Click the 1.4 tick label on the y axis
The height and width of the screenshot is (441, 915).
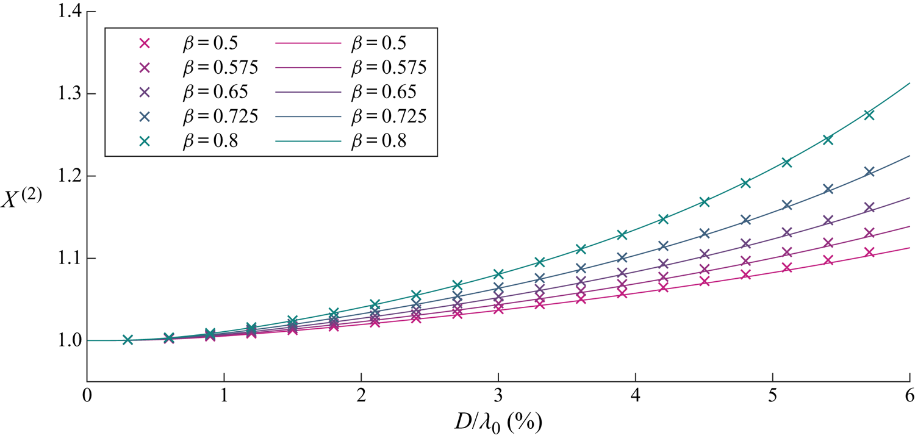pyautogui.click(x=63, y=12)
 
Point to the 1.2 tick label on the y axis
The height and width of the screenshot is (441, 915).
pyautogui.click(x=63, y=176)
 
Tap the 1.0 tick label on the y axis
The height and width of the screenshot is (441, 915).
pyautogui.click(x=63, y=340)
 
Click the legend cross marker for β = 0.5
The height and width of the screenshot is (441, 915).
pyautogui.click(x=145, y=43)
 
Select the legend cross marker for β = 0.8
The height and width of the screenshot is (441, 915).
pyautogui.click(x=145, y=140)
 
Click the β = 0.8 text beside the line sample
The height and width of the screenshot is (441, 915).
pyautogui.click(x=379, y=140)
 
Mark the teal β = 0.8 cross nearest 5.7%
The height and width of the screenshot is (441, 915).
pyautogui.click(x=869, y=115)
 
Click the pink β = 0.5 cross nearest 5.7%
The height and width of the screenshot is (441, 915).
pyautogui.click(x=869, y=253)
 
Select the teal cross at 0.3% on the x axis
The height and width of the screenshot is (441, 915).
pyautogui.click(x=128, y=340)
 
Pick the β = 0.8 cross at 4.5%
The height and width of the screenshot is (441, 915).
pyautogui.click(x=704, y=201)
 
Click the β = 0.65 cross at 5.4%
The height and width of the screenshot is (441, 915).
pyautogui.click(x=828, y=220)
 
